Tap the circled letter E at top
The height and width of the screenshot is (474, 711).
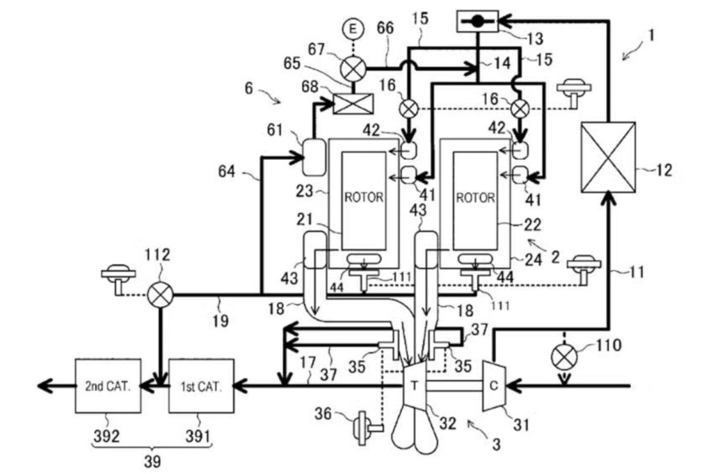point(353,29)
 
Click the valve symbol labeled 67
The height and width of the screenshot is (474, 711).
point(353,69)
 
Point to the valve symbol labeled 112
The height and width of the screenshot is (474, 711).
point(161,294)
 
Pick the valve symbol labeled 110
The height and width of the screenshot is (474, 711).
point(564,357)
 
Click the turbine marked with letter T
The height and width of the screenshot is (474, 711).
point(414,386)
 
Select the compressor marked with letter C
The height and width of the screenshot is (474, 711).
point(494,386)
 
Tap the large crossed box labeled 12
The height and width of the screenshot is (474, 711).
point(608,157)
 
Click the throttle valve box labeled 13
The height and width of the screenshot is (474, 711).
point(478,21)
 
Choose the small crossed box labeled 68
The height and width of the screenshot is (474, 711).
point(353,104)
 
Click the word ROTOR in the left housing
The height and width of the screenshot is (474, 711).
point(364,197)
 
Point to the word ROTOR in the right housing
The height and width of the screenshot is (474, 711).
point(475,198)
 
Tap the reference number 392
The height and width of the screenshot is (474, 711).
point(107,436)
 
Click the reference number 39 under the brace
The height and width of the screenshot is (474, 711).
point(152,462)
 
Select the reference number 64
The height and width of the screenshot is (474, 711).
point(226,171)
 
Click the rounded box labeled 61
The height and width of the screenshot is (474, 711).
point(314,157)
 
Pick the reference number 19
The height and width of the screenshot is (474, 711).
point(220,321)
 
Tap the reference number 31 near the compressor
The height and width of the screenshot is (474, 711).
point(521,425)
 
